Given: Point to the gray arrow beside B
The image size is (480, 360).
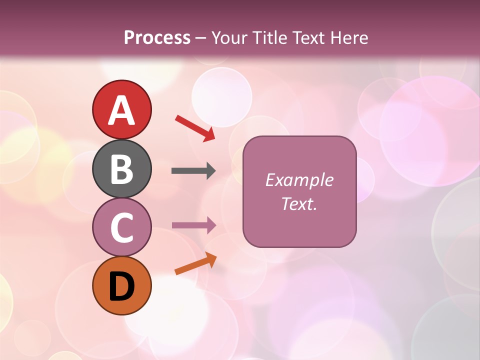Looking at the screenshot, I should (193, 171).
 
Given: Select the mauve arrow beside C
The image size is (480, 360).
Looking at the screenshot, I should (193, 225).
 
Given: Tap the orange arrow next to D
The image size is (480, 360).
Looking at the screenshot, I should (195, 264).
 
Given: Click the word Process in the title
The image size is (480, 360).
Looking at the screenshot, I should (157, 38).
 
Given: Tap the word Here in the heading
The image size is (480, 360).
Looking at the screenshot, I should (349, 38).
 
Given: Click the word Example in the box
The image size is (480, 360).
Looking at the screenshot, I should (299, 180).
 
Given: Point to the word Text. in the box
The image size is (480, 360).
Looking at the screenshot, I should (299, 203).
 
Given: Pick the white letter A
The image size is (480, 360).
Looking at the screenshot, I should (121, 110).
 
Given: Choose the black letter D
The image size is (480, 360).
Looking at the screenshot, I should (121, 286).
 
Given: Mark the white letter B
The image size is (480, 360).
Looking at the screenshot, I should (121, 169).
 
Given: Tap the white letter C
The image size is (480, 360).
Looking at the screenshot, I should (121, 227).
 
